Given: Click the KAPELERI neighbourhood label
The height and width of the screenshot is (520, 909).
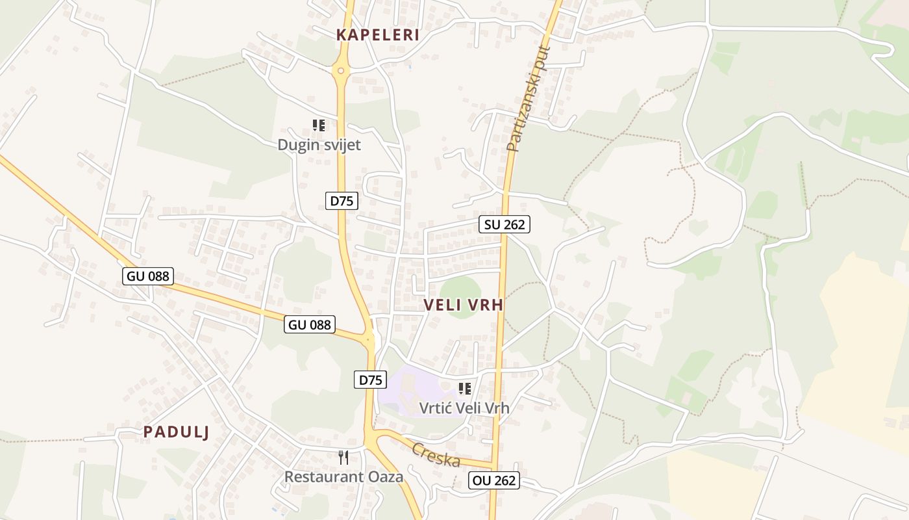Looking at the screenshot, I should [x=378, y=35].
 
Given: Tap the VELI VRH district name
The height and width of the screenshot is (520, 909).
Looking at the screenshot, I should [x=464, y=305].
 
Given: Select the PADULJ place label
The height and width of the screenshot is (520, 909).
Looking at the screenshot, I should [x=176, y=432].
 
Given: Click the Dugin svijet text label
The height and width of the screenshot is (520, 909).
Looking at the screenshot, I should [x=319, y=144].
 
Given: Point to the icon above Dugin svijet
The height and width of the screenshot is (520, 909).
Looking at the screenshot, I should [x=318, y=125].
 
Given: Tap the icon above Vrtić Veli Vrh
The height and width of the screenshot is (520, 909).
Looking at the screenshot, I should [x=464, y=389].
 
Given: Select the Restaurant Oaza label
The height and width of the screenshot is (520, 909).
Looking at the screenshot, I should [x=343, y=476].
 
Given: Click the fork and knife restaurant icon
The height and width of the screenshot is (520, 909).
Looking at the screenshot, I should [x=343, y=458].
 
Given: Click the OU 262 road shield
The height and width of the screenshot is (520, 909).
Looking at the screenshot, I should [x=494, y=480].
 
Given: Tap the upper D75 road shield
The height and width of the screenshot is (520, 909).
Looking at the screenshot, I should [x=342, y=201].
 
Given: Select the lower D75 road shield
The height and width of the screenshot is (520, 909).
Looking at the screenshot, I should [x=370, y=380].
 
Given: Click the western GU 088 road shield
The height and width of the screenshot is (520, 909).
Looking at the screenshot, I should [x=148, y=276].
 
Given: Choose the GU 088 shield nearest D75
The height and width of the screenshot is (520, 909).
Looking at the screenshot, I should [x=310, y=324].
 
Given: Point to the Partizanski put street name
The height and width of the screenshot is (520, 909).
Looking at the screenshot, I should [x=528, y=97].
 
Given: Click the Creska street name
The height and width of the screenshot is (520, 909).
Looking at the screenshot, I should [x=436, y=455].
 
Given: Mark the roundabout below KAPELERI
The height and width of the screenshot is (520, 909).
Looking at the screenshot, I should [x=340, y=70].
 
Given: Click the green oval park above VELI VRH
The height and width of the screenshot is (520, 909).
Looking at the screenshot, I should [x=461, y=289].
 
